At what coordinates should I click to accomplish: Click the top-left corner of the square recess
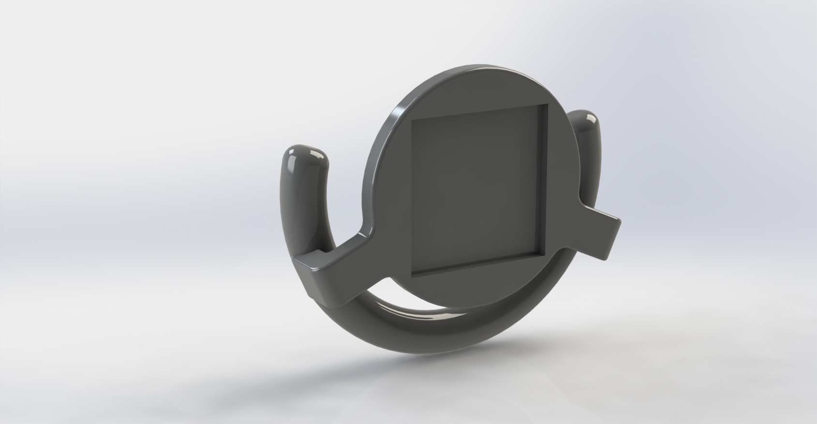tap(412, 119)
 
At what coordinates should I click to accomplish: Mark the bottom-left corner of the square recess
tap(412, 277)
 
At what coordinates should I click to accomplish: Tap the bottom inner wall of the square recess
tap(479, 266)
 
